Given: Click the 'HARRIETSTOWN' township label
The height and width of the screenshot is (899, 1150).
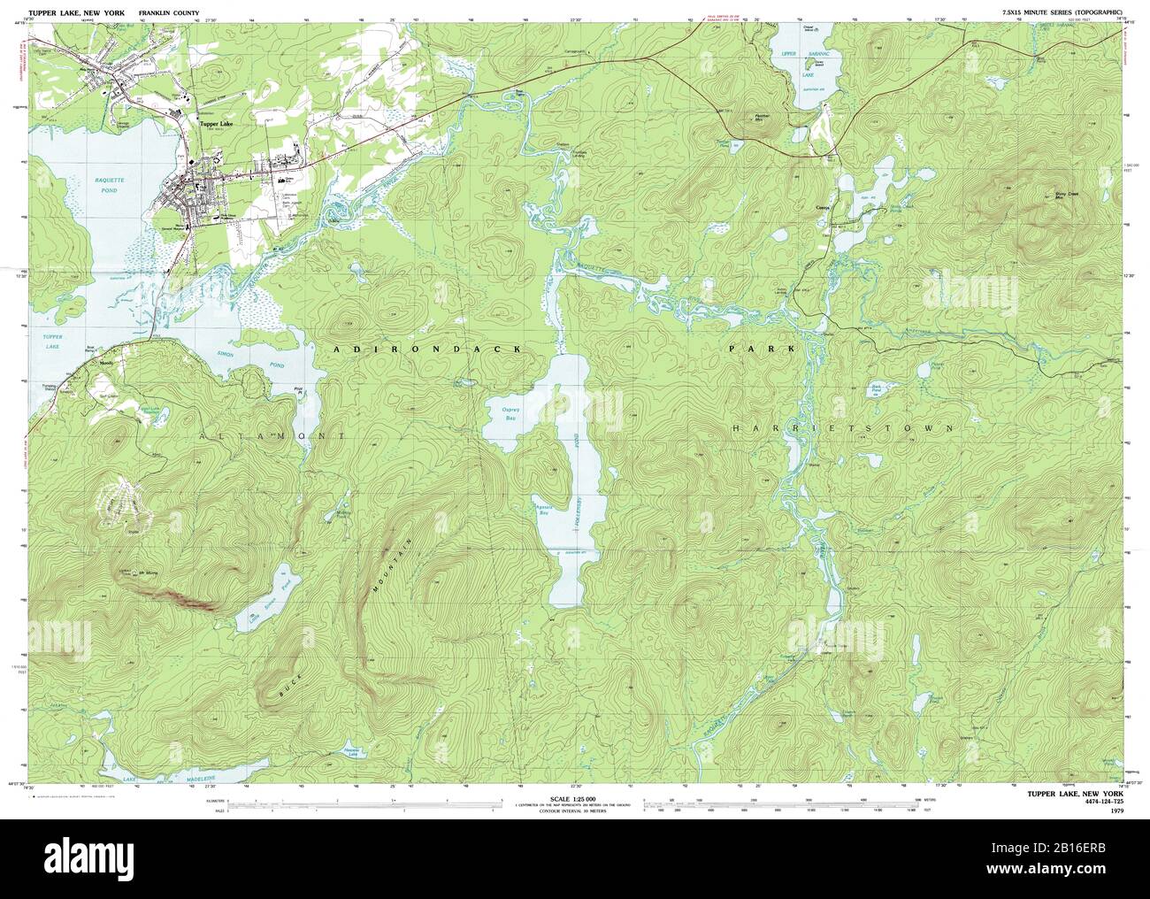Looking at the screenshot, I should click(844, 428).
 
